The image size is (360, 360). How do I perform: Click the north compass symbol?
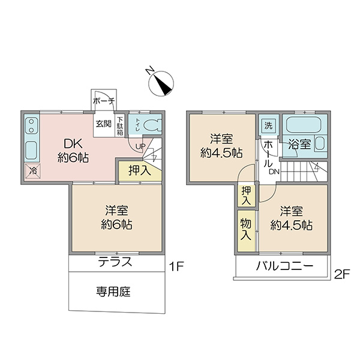161,83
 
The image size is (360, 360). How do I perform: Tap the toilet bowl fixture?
152,126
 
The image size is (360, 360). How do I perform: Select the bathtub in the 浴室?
303,125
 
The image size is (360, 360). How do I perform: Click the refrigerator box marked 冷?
33,170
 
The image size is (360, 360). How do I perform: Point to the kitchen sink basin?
31,150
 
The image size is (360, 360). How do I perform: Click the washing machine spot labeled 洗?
268,125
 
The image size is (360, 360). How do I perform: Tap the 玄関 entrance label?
104,124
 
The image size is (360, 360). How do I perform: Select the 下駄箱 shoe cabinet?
120,126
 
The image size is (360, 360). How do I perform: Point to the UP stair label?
140,146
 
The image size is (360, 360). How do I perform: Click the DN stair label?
274,172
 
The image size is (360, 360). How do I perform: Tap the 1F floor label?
176,266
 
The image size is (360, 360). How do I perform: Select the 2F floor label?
342,274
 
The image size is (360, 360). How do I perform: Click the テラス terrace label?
115,262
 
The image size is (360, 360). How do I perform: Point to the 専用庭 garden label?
113,292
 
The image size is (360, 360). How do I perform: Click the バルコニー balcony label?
284,266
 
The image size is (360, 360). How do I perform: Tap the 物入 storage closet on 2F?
247,230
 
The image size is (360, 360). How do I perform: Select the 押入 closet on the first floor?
140,171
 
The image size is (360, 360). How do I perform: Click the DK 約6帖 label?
73,151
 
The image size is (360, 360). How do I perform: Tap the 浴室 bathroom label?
299,145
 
